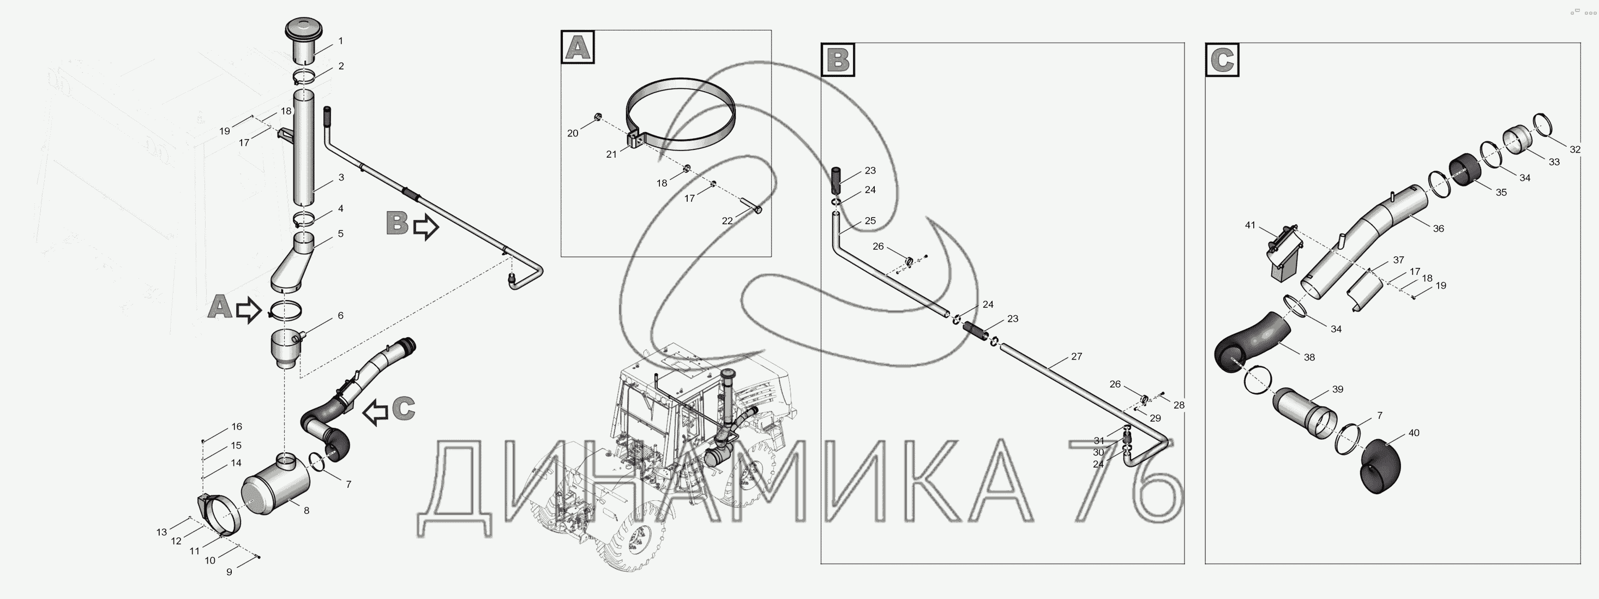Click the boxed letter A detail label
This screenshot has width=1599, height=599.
pyautogui.click(x=578, y=47)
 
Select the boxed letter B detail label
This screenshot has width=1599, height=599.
pyautogui.click(x=838, y=59)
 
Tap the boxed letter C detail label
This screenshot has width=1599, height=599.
pyautogui.click(x=1222, y=60)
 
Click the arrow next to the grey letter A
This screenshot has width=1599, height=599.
pyautogui.click(x=249, y=310)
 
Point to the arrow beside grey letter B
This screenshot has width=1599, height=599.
pyautogui.click(x=426, y=226)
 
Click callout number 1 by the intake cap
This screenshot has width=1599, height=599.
pyautogui.click(x=340, y=41)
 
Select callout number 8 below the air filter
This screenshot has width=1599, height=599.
pyautogui.click(x=306, y=511)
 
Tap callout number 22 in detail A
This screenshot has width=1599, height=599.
pyautogui.click(x=728, y=220)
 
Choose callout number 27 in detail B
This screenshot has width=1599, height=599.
pyautogui.click(x=1077, y=356)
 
